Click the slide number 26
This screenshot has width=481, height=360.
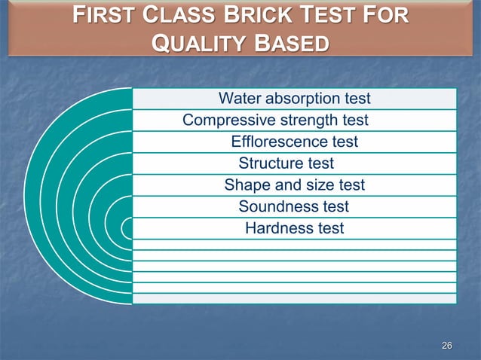point(446,346)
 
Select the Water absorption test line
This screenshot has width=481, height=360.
point(294,99)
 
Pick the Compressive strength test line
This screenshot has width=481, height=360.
point(275,121)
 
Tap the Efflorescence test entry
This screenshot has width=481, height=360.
point(294,142)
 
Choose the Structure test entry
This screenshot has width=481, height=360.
point(286,163)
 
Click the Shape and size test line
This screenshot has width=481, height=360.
point(294,185)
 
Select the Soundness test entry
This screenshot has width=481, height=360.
point(293,206)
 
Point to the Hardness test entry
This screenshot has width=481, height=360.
point(294,227)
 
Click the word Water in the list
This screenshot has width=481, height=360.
point(238,99)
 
